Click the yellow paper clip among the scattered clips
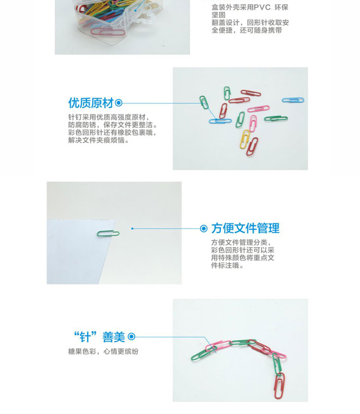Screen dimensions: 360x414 (245, 139)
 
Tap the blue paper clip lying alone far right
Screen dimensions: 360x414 (293, 100)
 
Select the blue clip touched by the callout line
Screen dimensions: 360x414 (220, 121)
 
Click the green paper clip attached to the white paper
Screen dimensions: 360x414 (108, 233)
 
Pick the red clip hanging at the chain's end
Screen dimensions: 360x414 (279, 386)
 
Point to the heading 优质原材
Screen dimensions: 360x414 (91, 103)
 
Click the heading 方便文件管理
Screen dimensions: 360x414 (245, 229)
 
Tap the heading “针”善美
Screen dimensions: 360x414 (99, 337)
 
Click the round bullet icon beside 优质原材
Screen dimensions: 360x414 (119, 103)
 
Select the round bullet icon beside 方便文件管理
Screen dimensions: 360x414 (204, 229)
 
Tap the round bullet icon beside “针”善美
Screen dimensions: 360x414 (132, 337)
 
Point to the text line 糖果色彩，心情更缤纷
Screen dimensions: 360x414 (103, 352)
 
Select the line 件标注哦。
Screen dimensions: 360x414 (227, 265)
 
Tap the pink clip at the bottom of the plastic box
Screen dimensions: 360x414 (108, 33)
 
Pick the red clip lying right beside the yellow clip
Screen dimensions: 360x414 (252, 146)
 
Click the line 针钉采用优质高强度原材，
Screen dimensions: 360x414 (109, 117)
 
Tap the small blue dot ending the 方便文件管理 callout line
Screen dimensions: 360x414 (132, 229)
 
